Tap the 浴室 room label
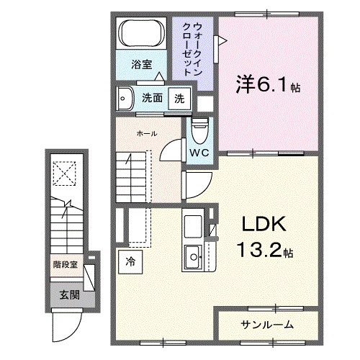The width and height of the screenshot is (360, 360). [x=140, y=64]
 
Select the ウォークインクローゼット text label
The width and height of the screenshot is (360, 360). [x=192, y=50]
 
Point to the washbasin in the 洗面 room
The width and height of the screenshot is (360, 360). [x=125, y=98]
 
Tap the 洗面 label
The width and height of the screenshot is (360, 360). [x=151, y=99]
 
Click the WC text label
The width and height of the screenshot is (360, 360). [x=199, y=153]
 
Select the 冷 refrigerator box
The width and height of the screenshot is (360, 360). [x=130, y=261]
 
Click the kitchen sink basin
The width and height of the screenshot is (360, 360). [x=193, y=256]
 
